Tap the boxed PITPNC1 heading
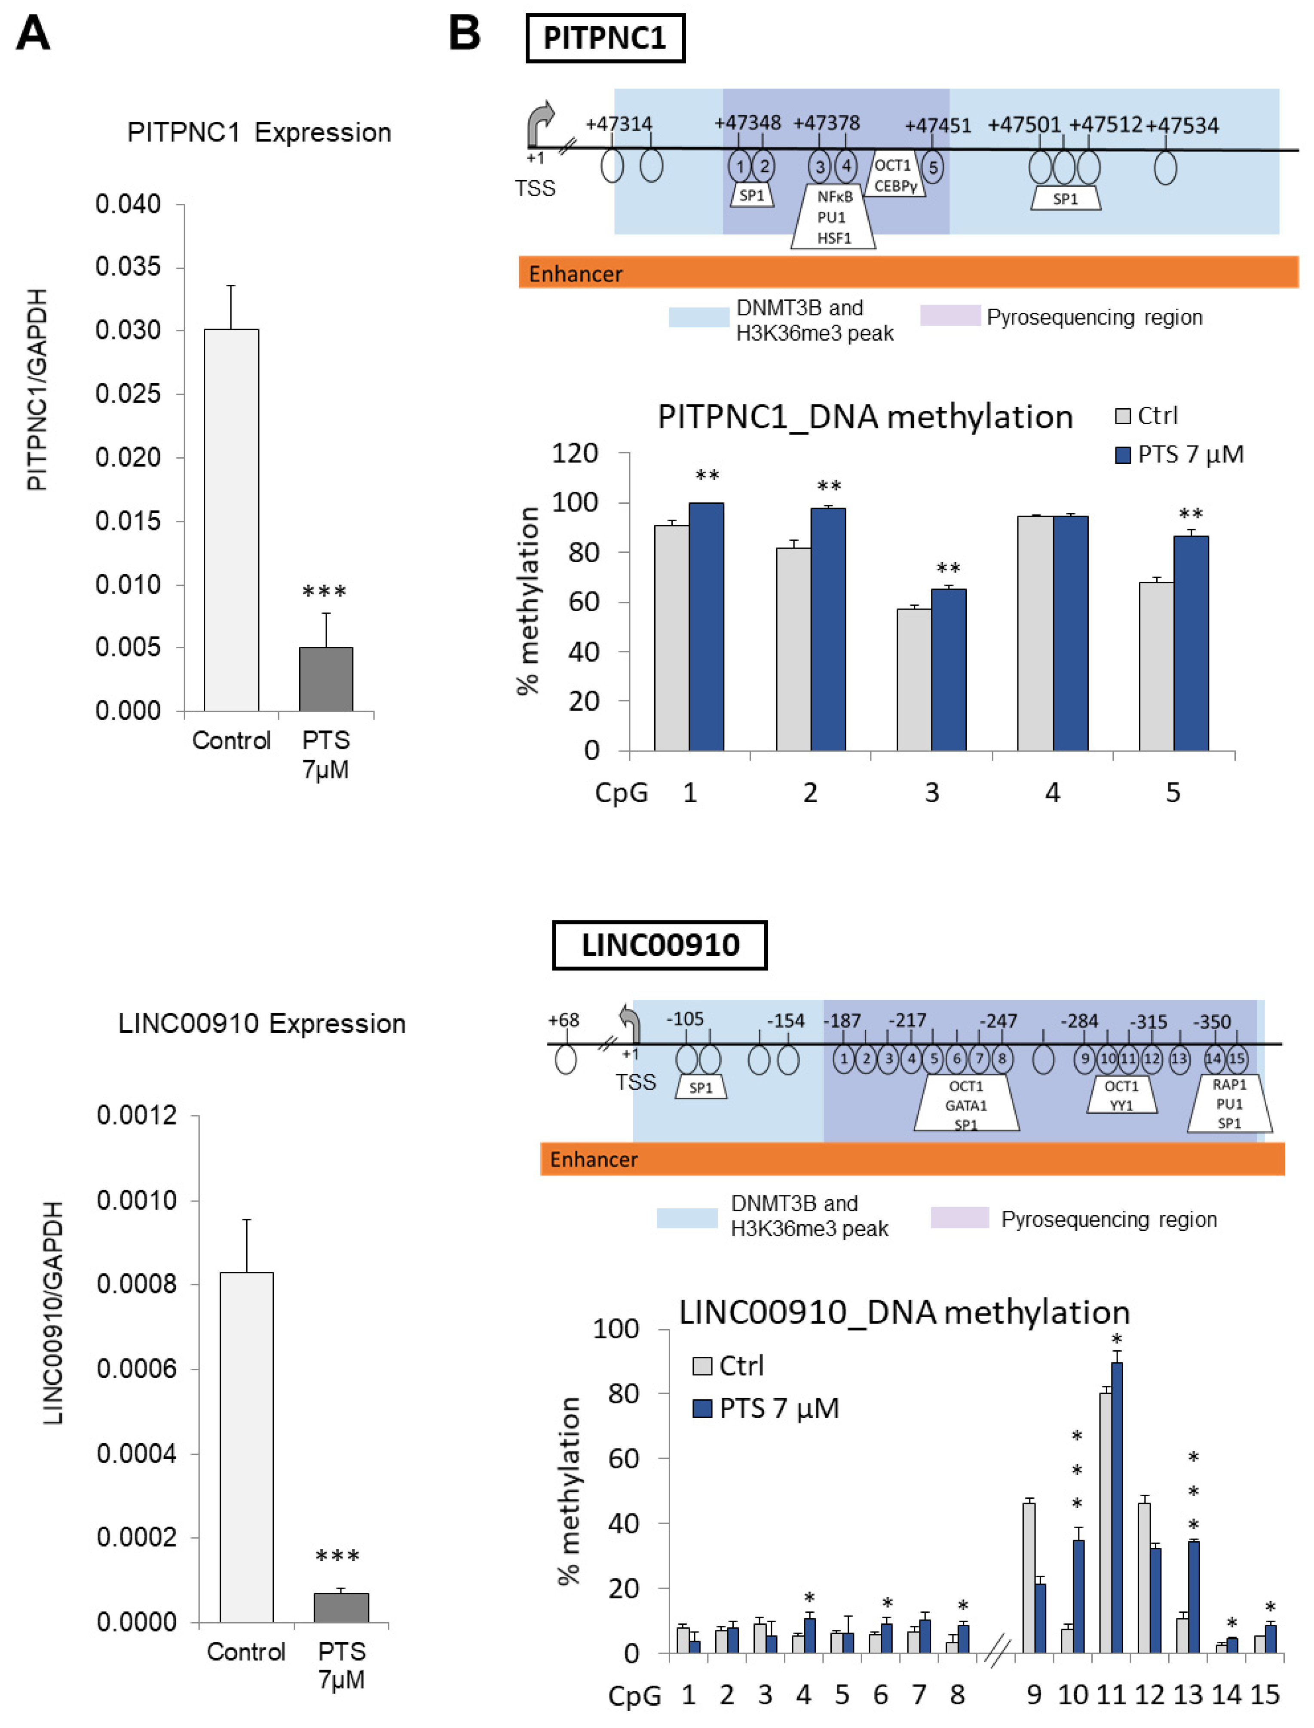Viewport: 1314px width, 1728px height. pyautogui.click(x=605, y=37)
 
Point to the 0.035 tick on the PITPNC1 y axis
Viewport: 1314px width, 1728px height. pyautogui.click(x=128, y=267)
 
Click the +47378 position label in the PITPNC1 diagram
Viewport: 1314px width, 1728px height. pyautogui.click(x=826, y=123)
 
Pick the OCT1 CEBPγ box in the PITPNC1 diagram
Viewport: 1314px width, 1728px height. pyautogui.click(x=895, y=176)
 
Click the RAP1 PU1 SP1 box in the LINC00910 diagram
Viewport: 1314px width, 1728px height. pyautogui.click(x=1229, y=1103)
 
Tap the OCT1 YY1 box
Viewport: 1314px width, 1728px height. pyautogui.click(x=1121, y=1096)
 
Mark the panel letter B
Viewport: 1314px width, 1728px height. pyautogui.click(x=465, y=34)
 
